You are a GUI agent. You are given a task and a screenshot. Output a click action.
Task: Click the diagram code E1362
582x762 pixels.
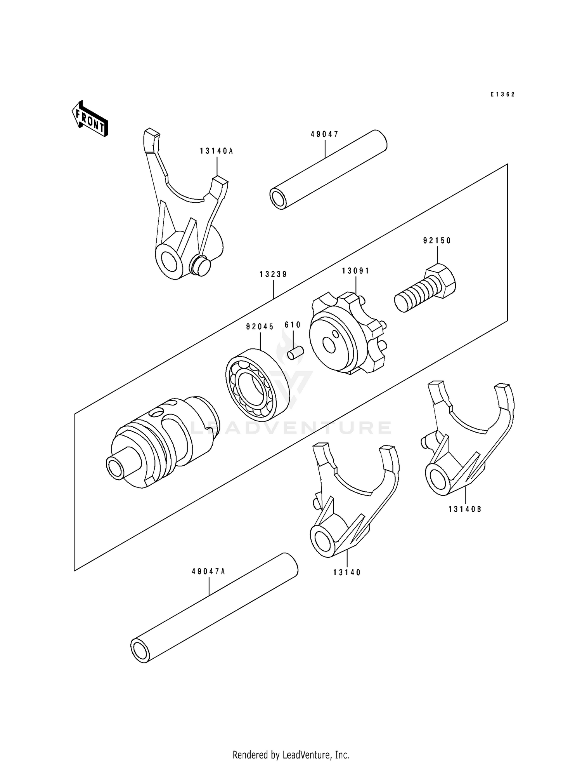pyautogui.click(x=502, y=94)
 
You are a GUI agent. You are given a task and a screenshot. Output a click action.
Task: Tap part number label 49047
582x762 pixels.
pyautogui.click(x=324, y=134)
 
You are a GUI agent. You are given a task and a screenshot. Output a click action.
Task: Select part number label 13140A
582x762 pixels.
pyautogui.click(x=217, y=151)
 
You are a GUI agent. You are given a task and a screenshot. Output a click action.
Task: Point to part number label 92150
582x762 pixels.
pyautogui.click(x=437, y=241)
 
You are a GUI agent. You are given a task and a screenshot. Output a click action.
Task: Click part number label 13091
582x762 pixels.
pyautogui.click(x=355, y=271)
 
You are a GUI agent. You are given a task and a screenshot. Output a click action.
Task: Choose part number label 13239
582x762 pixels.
pyautogui.click(x=273, y=275)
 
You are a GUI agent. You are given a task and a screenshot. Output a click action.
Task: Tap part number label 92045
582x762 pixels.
pyautogui.click(x=260, y=327)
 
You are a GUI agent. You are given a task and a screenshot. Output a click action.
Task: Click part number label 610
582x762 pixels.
pyautogui.click(x=293, y=325)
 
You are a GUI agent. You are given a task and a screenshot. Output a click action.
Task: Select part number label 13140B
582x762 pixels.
pyautogui.click(x=465, y=509)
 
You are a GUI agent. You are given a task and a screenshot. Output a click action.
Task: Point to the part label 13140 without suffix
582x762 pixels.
pyautogui.click(x=346, y=572)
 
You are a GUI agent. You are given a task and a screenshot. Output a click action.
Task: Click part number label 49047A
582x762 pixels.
pyautogui.click(x=208, y=572)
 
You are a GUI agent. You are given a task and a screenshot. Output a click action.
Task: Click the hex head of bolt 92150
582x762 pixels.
pyautogui.click(x=440, y=279)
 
